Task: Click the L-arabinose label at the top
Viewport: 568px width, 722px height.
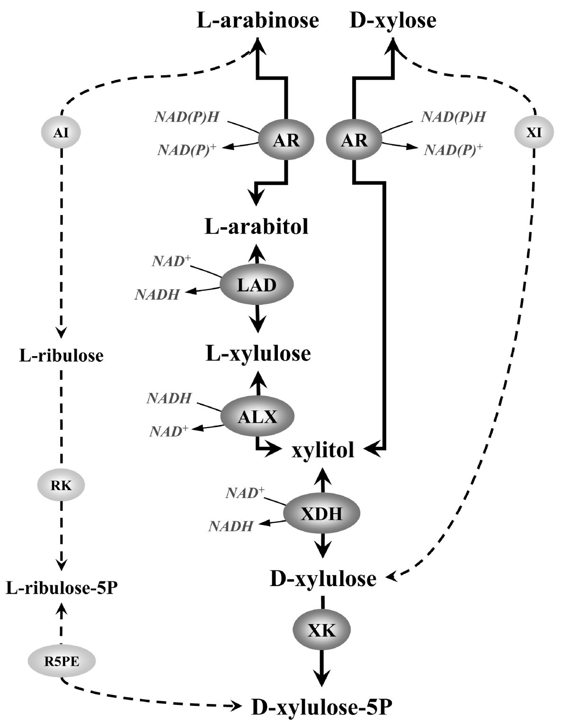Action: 257,21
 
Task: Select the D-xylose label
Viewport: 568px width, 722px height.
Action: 393,21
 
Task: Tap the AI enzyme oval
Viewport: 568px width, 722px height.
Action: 61,133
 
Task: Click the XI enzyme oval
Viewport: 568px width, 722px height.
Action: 534,133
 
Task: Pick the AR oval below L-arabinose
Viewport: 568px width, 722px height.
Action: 286,140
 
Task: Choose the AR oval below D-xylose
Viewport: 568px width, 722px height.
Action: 354,140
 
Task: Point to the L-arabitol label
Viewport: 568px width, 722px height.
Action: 257,227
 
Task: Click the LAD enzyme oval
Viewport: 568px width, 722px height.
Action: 257,285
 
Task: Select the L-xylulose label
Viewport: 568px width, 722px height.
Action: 258,353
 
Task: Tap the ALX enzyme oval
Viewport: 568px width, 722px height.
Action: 257,416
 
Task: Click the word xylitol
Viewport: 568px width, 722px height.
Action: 323,450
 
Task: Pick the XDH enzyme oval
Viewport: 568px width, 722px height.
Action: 322,513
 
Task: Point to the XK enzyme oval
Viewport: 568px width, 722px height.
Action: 322,630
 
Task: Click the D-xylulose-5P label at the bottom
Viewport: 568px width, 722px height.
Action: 321,708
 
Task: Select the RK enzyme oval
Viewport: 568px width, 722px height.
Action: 61,485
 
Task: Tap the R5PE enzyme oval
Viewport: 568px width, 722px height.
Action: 62,661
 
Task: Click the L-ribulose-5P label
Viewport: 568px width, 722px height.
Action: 62,588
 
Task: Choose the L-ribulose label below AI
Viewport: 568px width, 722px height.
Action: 61,355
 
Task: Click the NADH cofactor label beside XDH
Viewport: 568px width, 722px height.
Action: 231,526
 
